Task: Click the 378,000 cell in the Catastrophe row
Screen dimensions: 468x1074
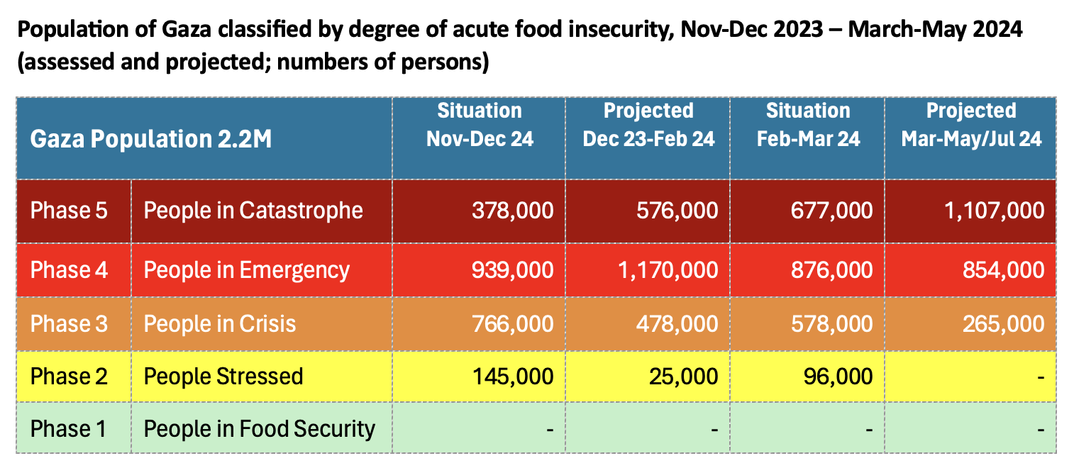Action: click(512, 211)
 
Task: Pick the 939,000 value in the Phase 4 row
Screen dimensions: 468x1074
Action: click(512, 270)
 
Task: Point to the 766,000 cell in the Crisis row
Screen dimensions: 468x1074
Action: click(512, 324)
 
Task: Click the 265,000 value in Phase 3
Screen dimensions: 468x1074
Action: click(1003, 324)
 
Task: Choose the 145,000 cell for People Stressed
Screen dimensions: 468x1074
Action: click(512, 376)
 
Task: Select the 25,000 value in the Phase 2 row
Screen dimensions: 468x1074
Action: click(683, 376)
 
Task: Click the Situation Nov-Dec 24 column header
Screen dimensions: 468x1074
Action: click(480, 125)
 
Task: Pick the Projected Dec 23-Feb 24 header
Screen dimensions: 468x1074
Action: click(648, 125)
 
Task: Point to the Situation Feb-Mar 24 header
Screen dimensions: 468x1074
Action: click(808, 125)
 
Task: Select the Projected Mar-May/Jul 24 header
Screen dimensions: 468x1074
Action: click(971, 125)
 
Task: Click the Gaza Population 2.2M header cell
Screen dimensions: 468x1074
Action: click(151, 139)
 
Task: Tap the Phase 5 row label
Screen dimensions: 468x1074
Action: click(69, 211)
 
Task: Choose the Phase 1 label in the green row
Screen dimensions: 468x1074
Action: click(69, 429)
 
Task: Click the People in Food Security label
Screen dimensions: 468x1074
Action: click(259, 429)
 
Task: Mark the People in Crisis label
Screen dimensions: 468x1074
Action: click(220, 324)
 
